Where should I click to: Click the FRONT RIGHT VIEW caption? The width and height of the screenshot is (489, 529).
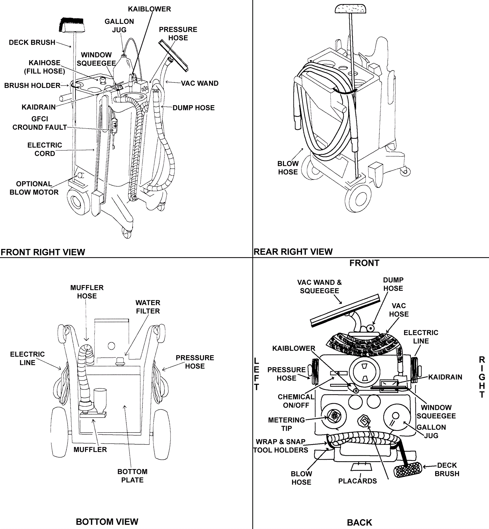coord(43,252)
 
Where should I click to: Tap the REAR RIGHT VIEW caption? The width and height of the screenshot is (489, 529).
coord(293,252)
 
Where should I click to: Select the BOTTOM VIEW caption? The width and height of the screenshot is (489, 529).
coord(107,522)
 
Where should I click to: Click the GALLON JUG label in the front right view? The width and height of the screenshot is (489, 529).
coord(119,26)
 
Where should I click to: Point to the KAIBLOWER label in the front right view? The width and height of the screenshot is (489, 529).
coord(149,9)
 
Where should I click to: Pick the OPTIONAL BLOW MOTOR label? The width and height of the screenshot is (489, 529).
coord(34,188)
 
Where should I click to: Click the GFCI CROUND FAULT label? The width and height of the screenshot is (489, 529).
coord(40,123)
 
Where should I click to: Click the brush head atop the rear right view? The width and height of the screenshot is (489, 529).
coord(350,9)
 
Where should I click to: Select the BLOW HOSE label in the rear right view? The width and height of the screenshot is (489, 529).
coord(288,168)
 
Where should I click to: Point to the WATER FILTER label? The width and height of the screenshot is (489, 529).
coord(148,307)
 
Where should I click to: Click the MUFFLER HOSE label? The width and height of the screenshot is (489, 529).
coord(87,292)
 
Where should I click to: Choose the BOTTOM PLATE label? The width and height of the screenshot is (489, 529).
coord(132,476)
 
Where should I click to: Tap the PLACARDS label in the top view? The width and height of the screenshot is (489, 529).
coord(357,481)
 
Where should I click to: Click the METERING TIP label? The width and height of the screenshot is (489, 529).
coord(286,424)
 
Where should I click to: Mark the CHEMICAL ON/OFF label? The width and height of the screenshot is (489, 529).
coord(296,401)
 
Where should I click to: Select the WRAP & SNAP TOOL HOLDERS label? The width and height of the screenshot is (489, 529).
coord(281,446)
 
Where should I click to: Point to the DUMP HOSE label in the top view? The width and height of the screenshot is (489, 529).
coord(393,284)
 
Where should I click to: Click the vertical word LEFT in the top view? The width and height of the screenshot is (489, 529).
coord(256,374)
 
